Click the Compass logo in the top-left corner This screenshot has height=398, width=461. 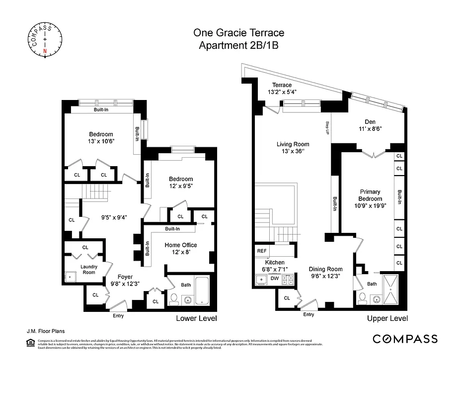pos(45,38)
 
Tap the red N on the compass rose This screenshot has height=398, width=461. pos(45,50)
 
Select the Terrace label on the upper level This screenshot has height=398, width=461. pos(282,85)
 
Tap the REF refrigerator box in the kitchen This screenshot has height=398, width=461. pos(261,251)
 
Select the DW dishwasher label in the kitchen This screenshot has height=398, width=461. pos(275,279)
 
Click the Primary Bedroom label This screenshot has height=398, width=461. pos(371,195)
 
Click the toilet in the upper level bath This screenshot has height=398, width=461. pos(363,299)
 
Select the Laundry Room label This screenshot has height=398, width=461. pos(89,269)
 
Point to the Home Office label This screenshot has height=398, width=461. pos(181,245)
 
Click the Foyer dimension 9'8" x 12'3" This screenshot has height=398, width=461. pos(125,284)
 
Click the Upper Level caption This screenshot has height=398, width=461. pos(387,318)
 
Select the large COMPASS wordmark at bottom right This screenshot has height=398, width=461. pos(405,339)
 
